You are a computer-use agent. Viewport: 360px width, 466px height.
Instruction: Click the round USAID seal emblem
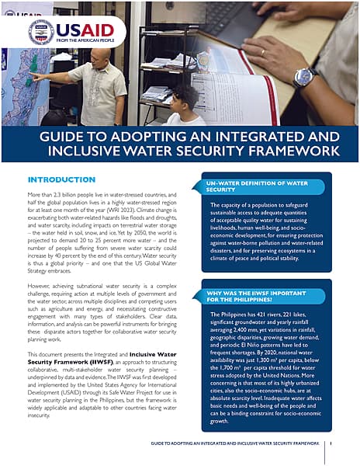40,33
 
